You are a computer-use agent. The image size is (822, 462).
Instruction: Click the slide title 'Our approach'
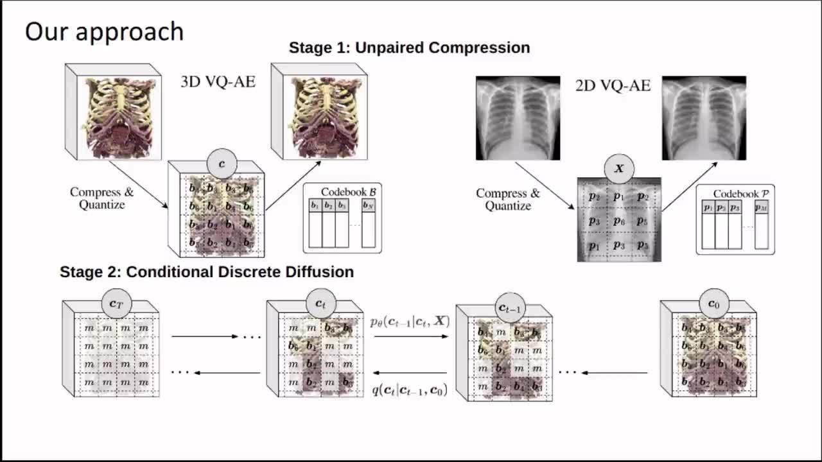click(104, 31)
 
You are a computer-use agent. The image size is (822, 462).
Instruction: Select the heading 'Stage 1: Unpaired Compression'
click(409, 47)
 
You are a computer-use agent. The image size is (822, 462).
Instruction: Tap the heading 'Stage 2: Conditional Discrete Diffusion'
click(206, 271)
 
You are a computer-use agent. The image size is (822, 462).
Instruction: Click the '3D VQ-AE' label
click(218, 81)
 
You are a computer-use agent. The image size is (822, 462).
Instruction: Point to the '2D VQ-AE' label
click(613, 85)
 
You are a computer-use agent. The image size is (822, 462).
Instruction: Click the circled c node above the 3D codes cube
click(222, 164)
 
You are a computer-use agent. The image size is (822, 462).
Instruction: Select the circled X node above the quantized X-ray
click(619, 169)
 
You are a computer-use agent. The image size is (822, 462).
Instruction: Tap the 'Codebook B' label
click(349, 191)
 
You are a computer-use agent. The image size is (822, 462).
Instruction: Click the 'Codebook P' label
click(740, 193)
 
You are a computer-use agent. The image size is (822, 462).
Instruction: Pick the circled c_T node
click(116, 304)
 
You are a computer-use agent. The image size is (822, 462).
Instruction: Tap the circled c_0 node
click(713, 304)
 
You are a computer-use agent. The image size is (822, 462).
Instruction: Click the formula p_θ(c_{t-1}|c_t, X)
click(410, 321)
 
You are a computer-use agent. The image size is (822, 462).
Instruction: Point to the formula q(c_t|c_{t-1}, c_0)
click(410, 389)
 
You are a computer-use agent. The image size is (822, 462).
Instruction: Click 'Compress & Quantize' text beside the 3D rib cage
click(101, 198)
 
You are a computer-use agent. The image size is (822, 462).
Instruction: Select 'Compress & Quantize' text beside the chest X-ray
click(508, 200)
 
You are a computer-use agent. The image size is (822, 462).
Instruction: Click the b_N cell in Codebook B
click(368, 206)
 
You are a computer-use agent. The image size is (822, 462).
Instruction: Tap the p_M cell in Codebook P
click(761, 208)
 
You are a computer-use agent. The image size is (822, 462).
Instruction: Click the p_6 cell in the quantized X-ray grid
click(618, 221)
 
